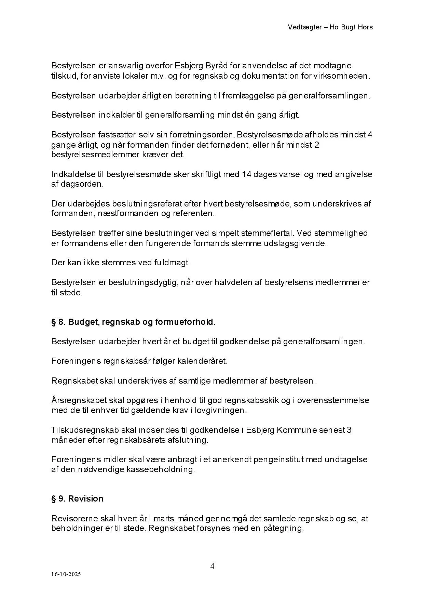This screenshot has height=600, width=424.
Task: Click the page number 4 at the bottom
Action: pos(212,566)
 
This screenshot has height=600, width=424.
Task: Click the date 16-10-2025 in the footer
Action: pos(66,574)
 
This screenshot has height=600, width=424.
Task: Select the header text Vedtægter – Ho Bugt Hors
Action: pos(330,27)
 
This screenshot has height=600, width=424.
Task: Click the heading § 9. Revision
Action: pos(77,498)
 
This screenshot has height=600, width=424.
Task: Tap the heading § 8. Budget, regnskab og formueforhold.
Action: pos(134,322)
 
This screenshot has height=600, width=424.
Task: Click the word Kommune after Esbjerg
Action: pos(297,429)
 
